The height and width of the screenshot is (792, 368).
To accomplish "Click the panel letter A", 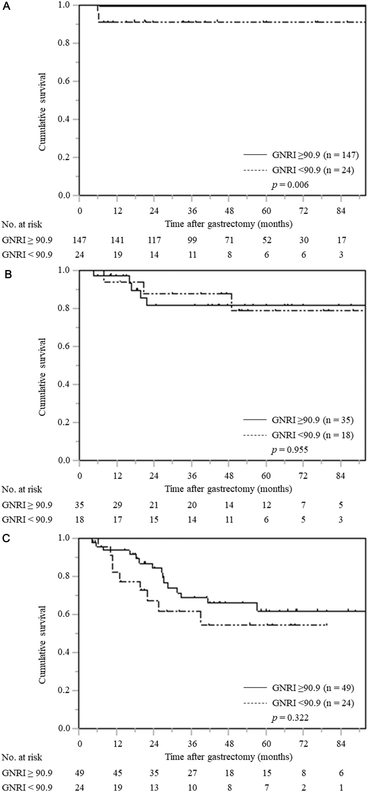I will [x=6, y=6].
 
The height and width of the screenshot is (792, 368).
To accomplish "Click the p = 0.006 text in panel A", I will [x=290, y=185].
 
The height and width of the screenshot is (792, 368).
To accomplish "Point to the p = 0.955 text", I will [x=289, y=450].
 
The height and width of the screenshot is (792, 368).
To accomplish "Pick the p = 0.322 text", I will [x=290, y=718].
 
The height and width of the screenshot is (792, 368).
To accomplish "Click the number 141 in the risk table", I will [x=117, y=240].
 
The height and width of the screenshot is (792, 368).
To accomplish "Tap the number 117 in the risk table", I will [x=154, y=240].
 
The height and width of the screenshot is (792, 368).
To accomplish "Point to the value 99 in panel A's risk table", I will [x=192, y=240].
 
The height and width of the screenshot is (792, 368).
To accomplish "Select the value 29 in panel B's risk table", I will [x=117, y=505].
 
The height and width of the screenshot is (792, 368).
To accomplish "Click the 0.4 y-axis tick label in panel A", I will [x=64, y=119].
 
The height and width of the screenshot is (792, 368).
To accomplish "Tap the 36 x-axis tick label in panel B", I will [x=192, y=476].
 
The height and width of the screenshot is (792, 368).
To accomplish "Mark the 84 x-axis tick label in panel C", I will [x=341, y=744].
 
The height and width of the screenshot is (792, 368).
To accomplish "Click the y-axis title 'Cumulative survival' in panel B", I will [x=42, y=377].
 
